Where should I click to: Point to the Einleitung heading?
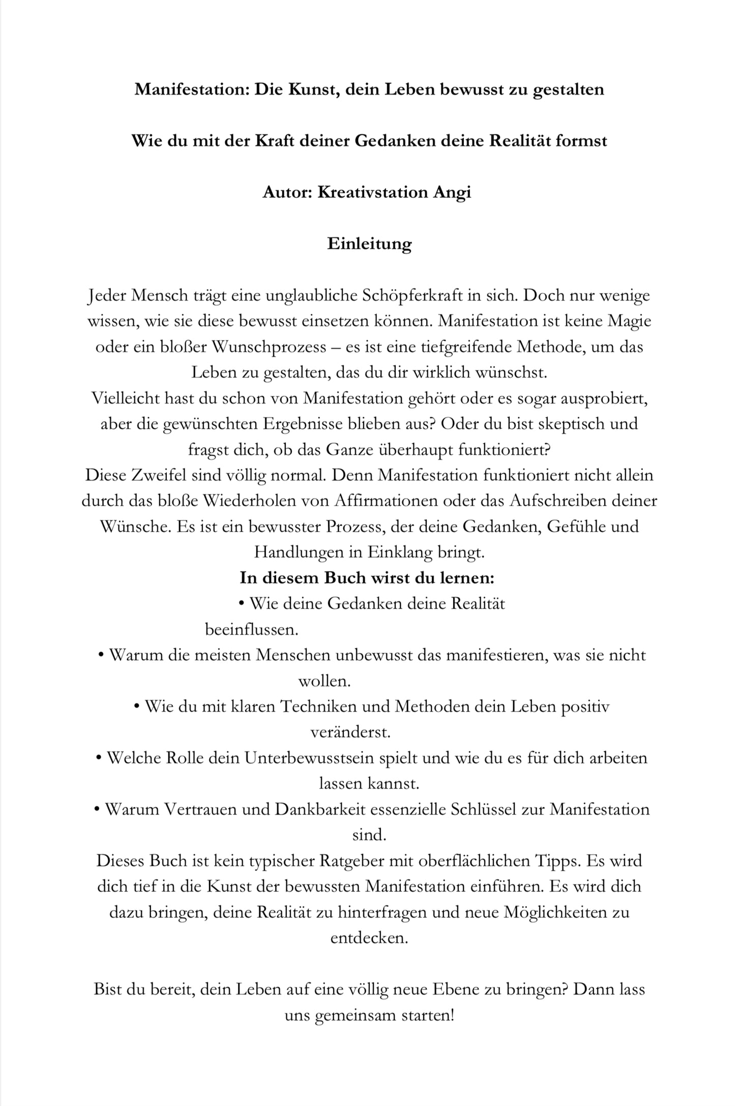(x=369, y=244)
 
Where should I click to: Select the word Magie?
(x=629, y=322)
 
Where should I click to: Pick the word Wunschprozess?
(x=268, y=347)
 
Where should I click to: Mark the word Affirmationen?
(x=386, y=501)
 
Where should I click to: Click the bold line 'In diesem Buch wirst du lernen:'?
(x=367, y=578)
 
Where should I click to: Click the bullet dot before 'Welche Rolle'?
(x=99, y=758)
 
